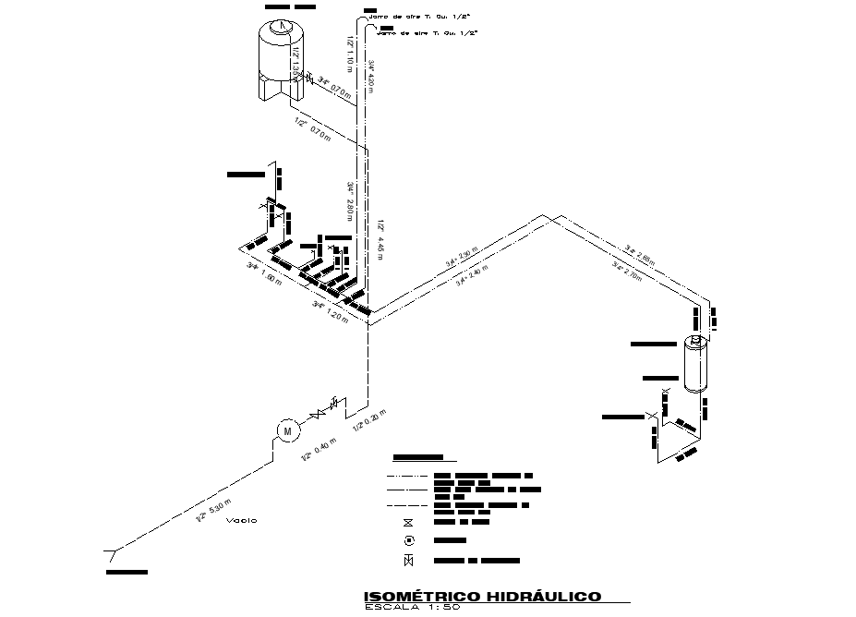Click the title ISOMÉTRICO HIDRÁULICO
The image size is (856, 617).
click(x=483, y=597)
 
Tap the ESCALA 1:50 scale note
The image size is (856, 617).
click(x=412, y=608)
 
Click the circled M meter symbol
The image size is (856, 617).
click(x=286, y=429)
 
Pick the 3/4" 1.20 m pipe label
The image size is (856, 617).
click(x=331, y=311)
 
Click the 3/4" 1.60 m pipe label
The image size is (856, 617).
click(x=264, y=273)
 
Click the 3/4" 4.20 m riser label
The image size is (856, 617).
click(x=371, y=74)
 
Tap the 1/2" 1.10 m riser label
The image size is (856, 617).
click(x=350, y=52)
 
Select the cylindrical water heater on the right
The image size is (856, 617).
click(x=694, y=365)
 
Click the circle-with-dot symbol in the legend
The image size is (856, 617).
click(x=406, y=539)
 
